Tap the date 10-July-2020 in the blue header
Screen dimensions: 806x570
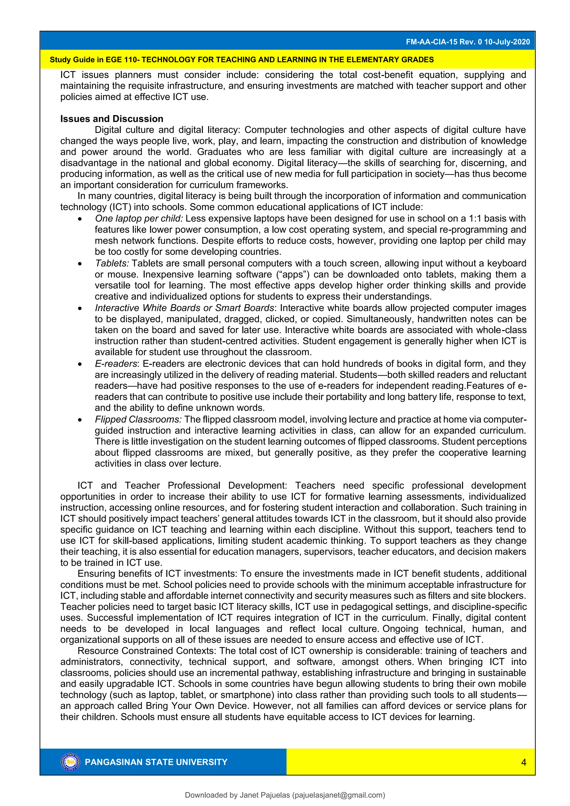tap(507, 42)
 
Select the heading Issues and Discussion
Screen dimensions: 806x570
tap(112, 119)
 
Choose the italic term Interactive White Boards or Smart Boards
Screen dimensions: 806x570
tap(184, 308)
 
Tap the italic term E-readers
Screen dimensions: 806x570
tap(116, 363)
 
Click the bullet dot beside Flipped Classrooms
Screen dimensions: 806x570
tap(80, 420)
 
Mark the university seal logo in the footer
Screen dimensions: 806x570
tap(70, 762)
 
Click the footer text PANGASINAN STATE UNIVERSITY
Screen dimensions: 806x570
tap(156, 762)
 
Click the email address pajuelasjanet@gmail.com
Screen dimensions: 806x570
tap(338, 795)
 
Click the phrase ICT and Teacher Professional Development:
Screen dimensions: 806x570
tap(182, 486)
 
